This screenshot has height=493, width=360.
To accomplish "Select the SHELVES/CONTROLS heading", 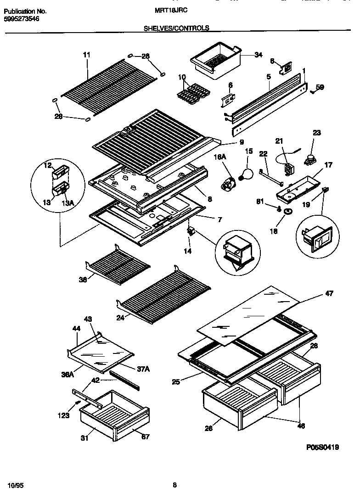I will pyautogui.click(x=177, y=28).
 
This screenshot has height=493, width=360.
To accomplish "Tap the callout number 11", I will pyautogui.click(x=87, y=55).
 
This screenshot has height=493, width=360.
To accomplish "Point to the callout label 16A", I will pyautogui.click(x=220, y=157).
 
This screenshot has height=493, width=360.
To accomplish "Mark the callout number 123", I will pyautogui.click(x=64, y=415).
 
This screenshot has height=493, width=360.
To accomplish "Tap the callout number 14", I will pyautogui.click(x=188, y=251).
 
